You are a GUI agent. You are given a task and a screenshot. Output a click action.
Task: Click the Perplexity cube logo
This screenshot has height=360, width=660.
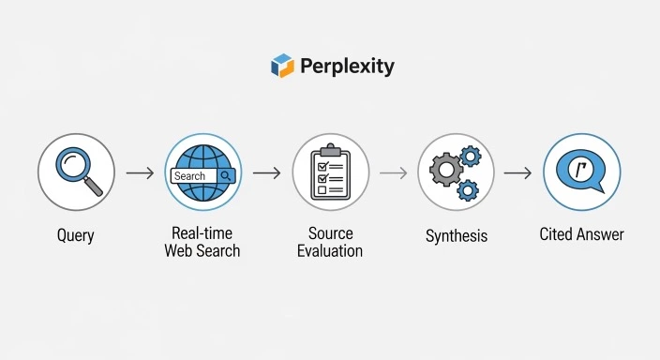click(x=282, y=66)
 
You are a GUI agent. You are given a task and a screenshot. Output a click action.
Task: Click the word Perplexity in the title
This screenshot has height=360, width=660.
click(x=347, y=67)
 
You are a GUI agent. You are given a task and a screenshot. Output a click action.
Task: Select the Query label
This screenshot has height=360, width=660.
click(x=75, y=235)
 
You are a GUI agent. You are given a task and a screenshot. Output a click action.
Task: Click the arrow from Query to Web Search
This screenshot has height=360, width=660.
click(x=140, y=173)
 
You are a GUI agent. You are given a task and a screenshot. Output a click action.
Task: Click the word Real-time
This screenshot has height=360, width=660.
click(x=202, y=232)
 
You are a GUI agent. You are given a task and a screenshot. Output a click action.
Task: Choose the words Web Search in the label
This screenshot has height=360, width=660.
click(x=202, y=250)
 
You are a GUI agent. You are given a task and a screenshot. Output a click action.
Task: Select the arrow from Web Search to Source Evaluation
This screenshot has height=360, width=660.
click(x=267, y=173)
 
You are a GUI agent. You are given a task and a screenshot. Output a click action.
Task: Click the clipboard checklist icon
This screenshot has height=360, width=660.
click(x=331, y=172)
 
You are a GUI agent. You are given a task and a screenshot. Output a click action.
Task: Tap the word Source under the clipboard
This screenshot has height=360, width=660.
click(x=331, y=232)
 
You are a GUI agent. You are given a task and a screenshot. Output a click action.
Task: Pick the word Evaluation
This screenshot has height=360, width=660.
click(x=331, y=250)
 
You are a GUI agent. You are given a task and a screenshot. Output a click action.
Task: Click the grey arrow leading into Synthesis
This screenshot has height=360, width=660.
click(x=393, y=173)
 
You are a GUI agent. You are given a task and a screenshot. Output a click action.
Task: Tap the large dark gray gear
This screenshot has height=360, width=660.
click(x=444, y=172)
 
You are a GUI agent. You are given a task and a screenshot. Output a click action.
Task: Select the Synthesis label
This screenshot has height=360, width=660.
click(x=457, y=236)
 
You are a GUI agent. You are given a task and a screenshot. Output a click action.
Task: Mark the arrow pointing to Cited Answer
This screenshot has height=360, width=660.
click(x=517, y=173)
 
